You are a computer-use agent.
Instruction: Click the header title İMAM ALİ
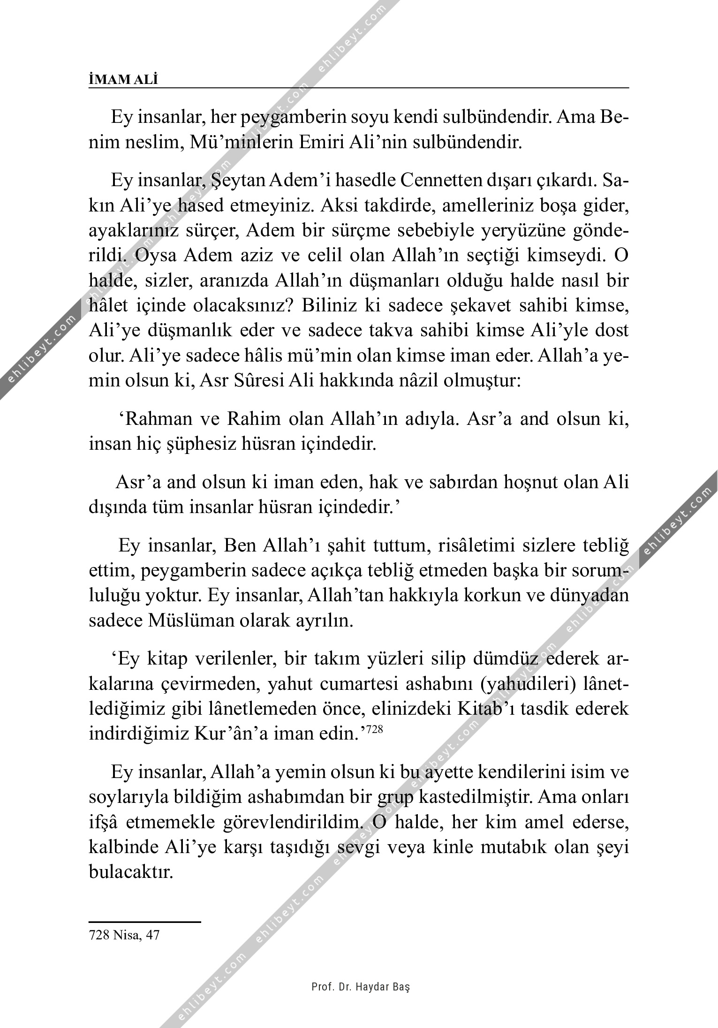pos(123,80)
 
